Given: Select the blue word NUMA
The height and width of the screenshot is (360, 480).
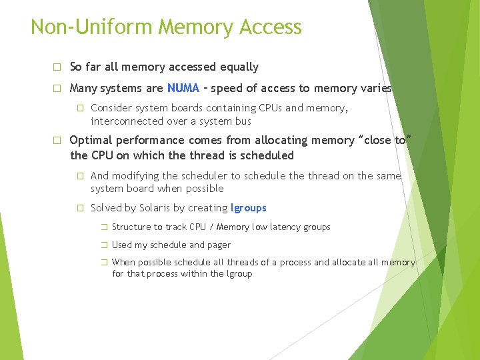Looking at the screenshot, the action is point(183,88).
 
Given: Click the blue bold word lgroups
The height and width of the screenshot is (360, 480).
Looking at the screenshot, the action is point(248,208).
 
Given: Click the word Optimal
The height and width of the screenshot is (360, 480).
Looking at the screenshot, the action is point(91,140).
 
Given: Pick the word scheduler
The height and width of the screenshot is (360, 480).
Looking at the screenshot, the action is point(205,176).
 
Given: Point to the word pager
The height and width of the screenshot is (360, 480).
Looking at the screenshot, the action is point(219,245).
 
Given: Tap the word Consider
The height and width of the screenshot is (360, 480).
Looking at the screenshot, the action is point(111,107).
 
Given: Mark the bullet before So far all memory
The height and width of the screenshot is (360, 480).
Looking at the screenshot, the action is point(57,67).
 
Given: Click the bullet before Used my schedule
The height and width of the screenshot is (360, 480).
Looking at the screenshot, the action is point(103,245).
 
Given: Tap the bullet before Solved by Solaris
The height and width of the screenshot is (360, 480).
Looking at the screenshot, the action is point(79,208).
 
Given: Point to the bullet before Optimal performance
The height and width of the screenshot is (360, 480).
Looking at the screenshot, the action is point(57,141).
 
